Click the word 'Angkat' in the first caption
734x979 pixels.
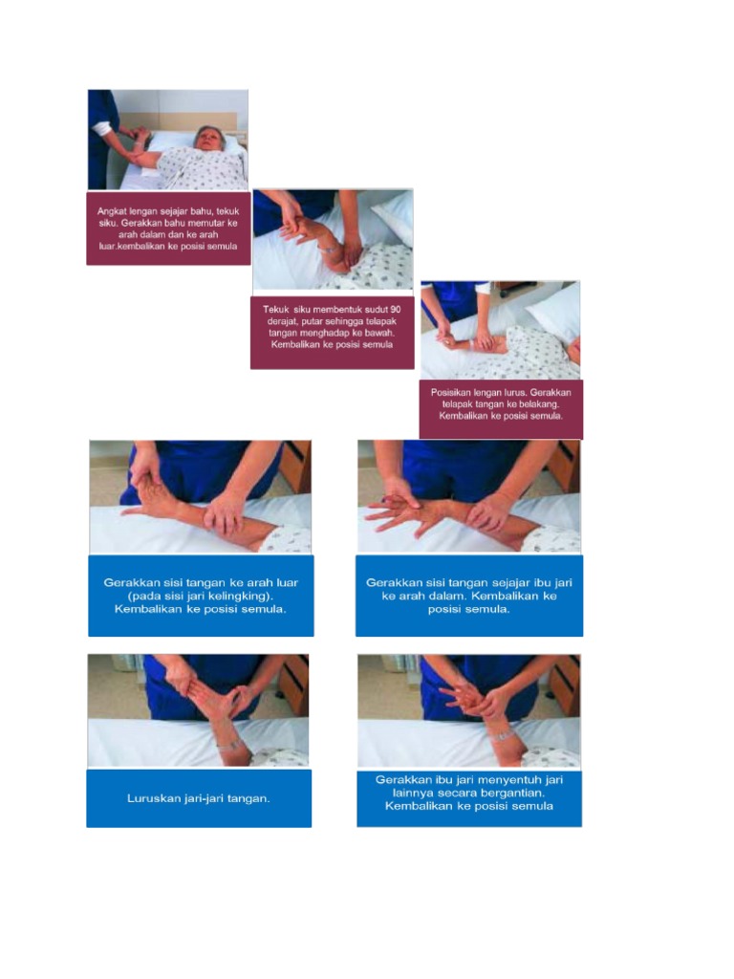[x=114, y=210]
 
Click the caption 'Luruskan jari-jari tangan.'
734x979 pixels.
[x=199, y=798]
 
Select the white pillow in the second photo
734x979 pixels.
[x=394, y=216]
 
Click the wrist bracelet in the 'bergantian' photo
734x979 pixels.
[x=501, y=736]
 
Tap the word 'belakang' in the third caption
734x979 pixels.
[x=542, y=404]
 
